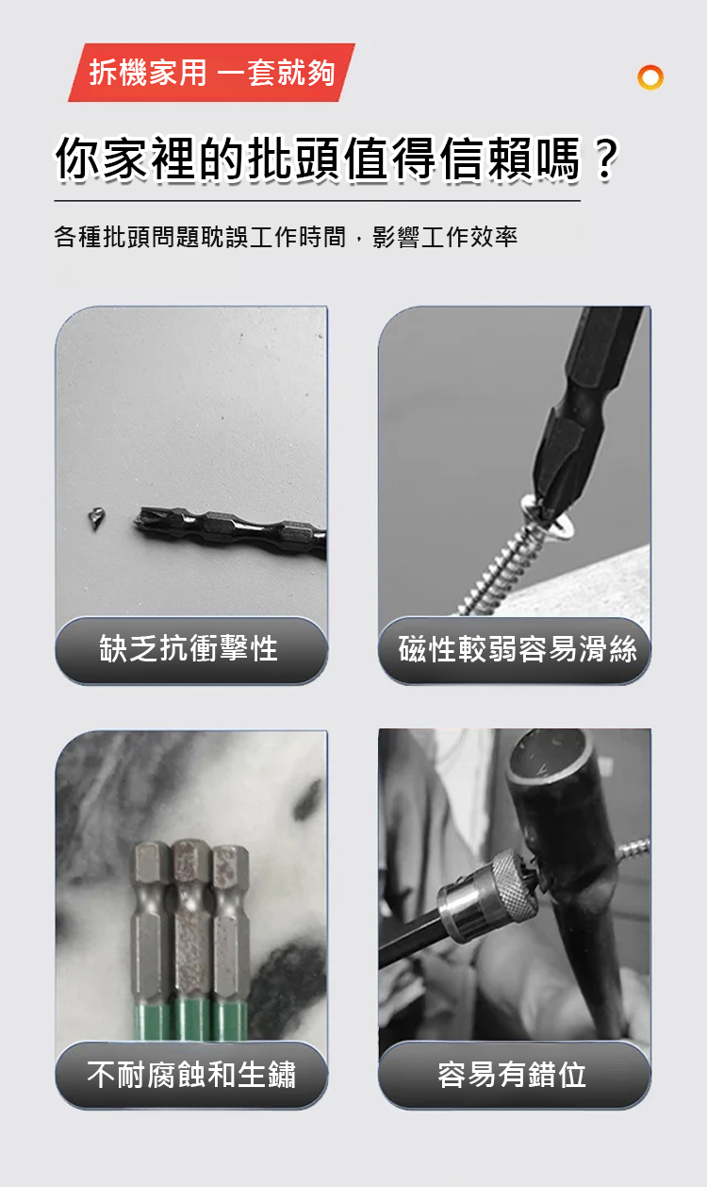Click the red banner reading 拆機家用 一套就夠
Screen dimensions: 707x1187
[211, 72]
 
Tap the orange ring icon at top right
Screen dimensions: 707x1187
[650, 77]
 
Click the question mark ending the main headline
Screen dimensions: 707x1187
[605, 158]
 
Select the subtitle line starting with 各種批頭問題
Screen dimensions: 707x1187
[286, 236]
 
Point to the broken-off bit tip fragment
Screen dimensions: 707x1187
[96, 518]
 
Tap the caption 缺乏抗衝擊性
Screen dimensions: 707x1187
[189, 648]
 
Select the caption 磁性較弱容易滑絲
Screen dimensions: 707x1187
[518, 648]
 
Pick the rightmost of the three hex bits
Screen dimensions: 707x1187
[230, 923]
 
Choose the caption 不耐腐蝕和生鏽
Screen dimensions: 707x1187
[191, 1075]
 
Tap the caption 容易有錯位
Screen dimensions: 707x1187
[512, 1075]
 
